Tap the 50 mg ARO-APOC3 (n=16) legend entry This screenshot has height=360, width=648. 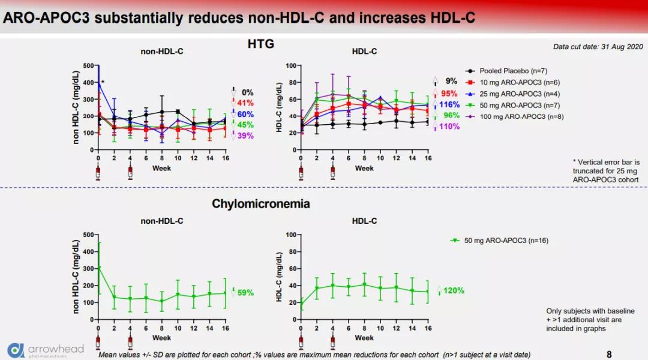point(504,241)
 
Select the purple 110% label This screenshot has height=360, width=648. point(449,127)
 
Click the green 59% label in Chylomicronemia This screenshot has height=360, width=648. point(245,293)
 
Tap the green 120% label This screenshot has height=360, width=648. point(454,290)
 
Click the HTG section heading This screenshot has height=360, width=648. point(260,44)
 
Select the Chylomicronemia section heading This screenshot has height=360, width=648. point(260,204)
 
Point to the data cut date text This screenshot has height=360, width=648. point(598,47)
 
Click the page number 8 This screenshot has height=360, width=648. point(610,354)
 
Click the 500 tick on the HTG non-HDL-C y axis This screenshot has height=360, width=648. point(89,65)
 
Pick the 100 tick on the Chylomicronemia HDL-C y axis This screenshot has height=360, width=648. point(290,235)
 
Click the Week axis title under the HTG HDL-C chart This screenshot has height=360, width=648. point(364,168)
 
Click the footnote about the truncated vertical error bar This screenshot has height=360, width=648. point(606,170)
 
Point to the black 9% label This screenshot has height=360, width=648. point(451,81)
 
